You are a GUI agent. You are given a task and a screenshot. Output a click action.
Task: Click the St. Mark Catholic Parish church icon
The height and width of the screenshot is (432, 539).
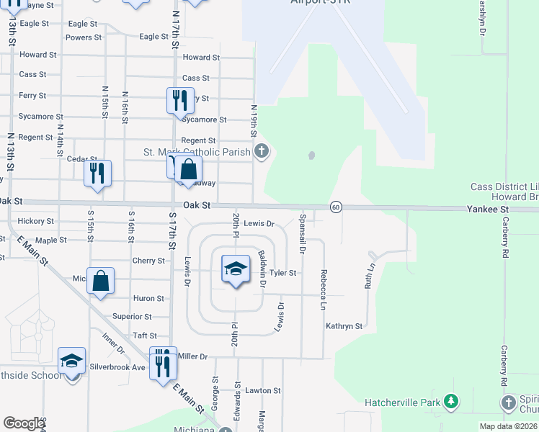[x=262, y=151]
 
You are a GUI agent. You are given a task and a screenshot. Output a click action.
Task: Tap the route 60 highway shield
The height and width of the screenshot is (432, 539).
[x=336, y=207]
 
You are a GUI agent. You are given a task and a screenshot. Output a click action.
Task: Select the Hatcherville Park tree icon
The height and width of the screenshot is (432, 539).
[x=451, y=401]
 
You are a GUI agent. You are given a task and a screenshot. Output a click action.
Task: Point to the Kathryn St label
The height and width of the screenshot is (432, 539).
[x=344, y=326]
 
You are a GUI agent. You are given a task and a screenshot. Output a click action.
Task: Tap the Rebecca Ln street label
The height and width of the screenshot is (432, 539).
[x=324, y=289]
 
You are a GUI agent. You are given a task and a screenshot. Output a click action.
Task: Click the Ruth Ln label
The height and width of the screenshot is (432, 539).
[x=370, y=275]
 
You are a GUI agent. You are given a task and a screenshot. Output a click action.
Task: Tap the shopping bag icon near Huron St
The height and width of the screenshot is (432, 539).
[x=101, y=282]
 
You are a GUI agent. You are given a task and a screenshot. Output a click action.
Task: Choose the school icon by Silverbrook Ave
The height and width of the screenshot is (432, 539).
[x=71, y=361]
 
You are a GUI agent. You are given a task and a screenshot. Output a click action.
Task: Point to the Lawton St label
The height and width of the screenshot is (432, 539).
[x=262, y=390]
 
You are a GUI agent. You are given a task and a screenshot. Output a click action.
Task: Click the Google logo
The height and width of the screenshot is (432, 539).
[x=24, y=423]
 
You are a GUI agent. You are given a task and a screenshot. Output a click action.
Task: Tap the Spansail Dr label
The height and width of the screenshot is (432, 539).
[x=302, y=233]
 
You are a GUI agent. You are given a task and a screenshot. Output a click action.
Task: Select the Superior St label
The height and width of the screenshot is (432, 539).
[x=132, y=316]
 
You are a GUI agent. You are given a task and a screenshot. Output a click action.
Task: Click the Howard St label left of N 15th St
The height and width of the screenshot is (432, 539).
[x=38, y=55]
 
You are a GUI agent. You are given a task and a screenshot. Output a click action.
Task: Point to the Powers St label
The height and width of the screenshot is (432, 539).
[x=84, y=37]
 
